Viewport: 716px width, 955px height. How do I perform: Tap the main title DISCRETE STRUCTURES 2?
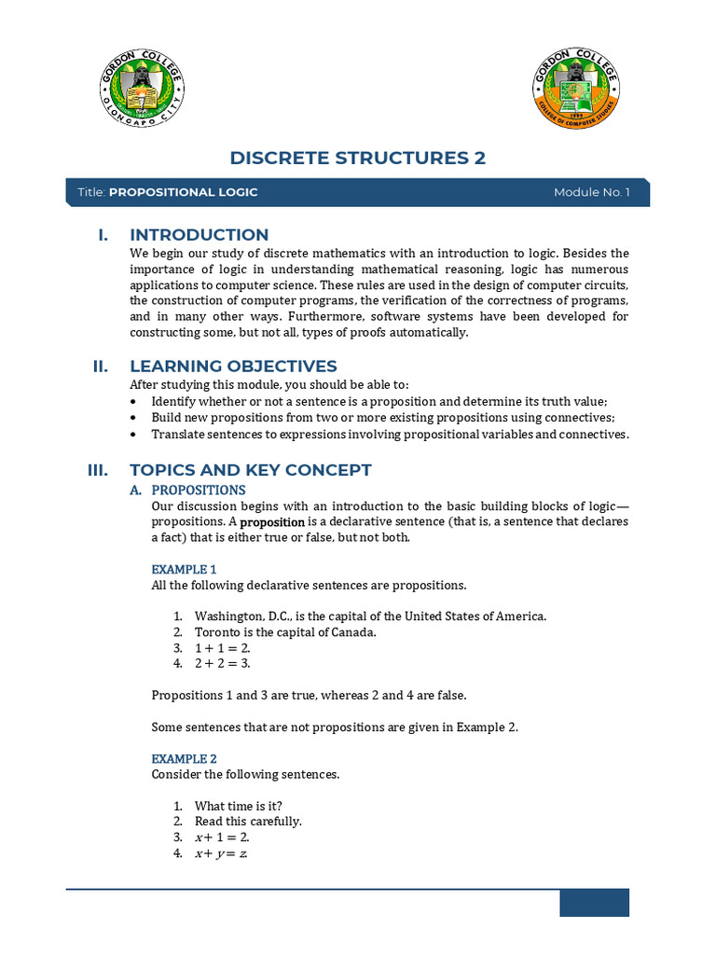tap(358, 158)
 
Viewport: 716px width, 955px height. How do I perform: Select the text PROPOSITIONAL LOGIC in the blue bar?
tap(184, 192)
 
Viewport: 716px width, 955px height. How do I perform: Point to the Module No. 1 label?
tap(592, 192)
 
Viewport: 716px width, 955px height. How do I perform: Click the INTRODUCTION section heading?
tap(200, 235)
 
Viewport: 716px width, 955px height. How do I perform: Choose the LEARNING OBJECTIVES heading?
tap(233, 367)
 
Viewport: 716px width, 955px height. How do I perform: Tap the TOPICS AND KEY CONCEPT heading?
tap(251, 470)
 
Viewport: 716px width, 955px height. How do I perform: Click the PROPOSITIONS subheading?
tap(199, 490)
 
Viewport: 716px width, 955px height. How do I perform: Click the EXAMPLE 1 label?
tap(184, 569)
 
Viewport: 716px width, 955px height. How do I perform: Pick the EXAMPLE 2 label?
tap(184, 758)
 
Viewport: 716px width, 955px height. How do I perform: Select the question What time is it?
tap(240, 806)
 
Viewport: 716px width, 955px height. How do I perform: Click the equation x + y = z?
tap(222, 853)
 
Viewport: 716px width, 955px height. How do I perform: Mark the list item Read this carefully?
tap(248, 822)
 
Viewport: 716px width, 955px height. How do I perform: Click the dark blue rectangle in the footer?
tap(594, 903)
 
